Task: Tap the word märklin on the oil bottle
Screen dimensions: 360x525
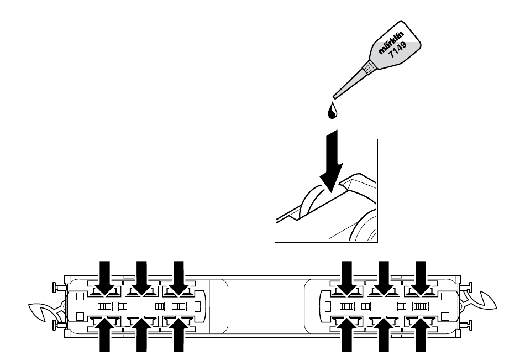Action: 391,45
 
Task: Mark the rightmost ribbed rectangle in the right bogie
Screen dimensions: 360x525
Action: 421,306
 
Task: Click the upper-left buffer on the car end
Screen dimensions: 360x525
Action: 55,288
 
